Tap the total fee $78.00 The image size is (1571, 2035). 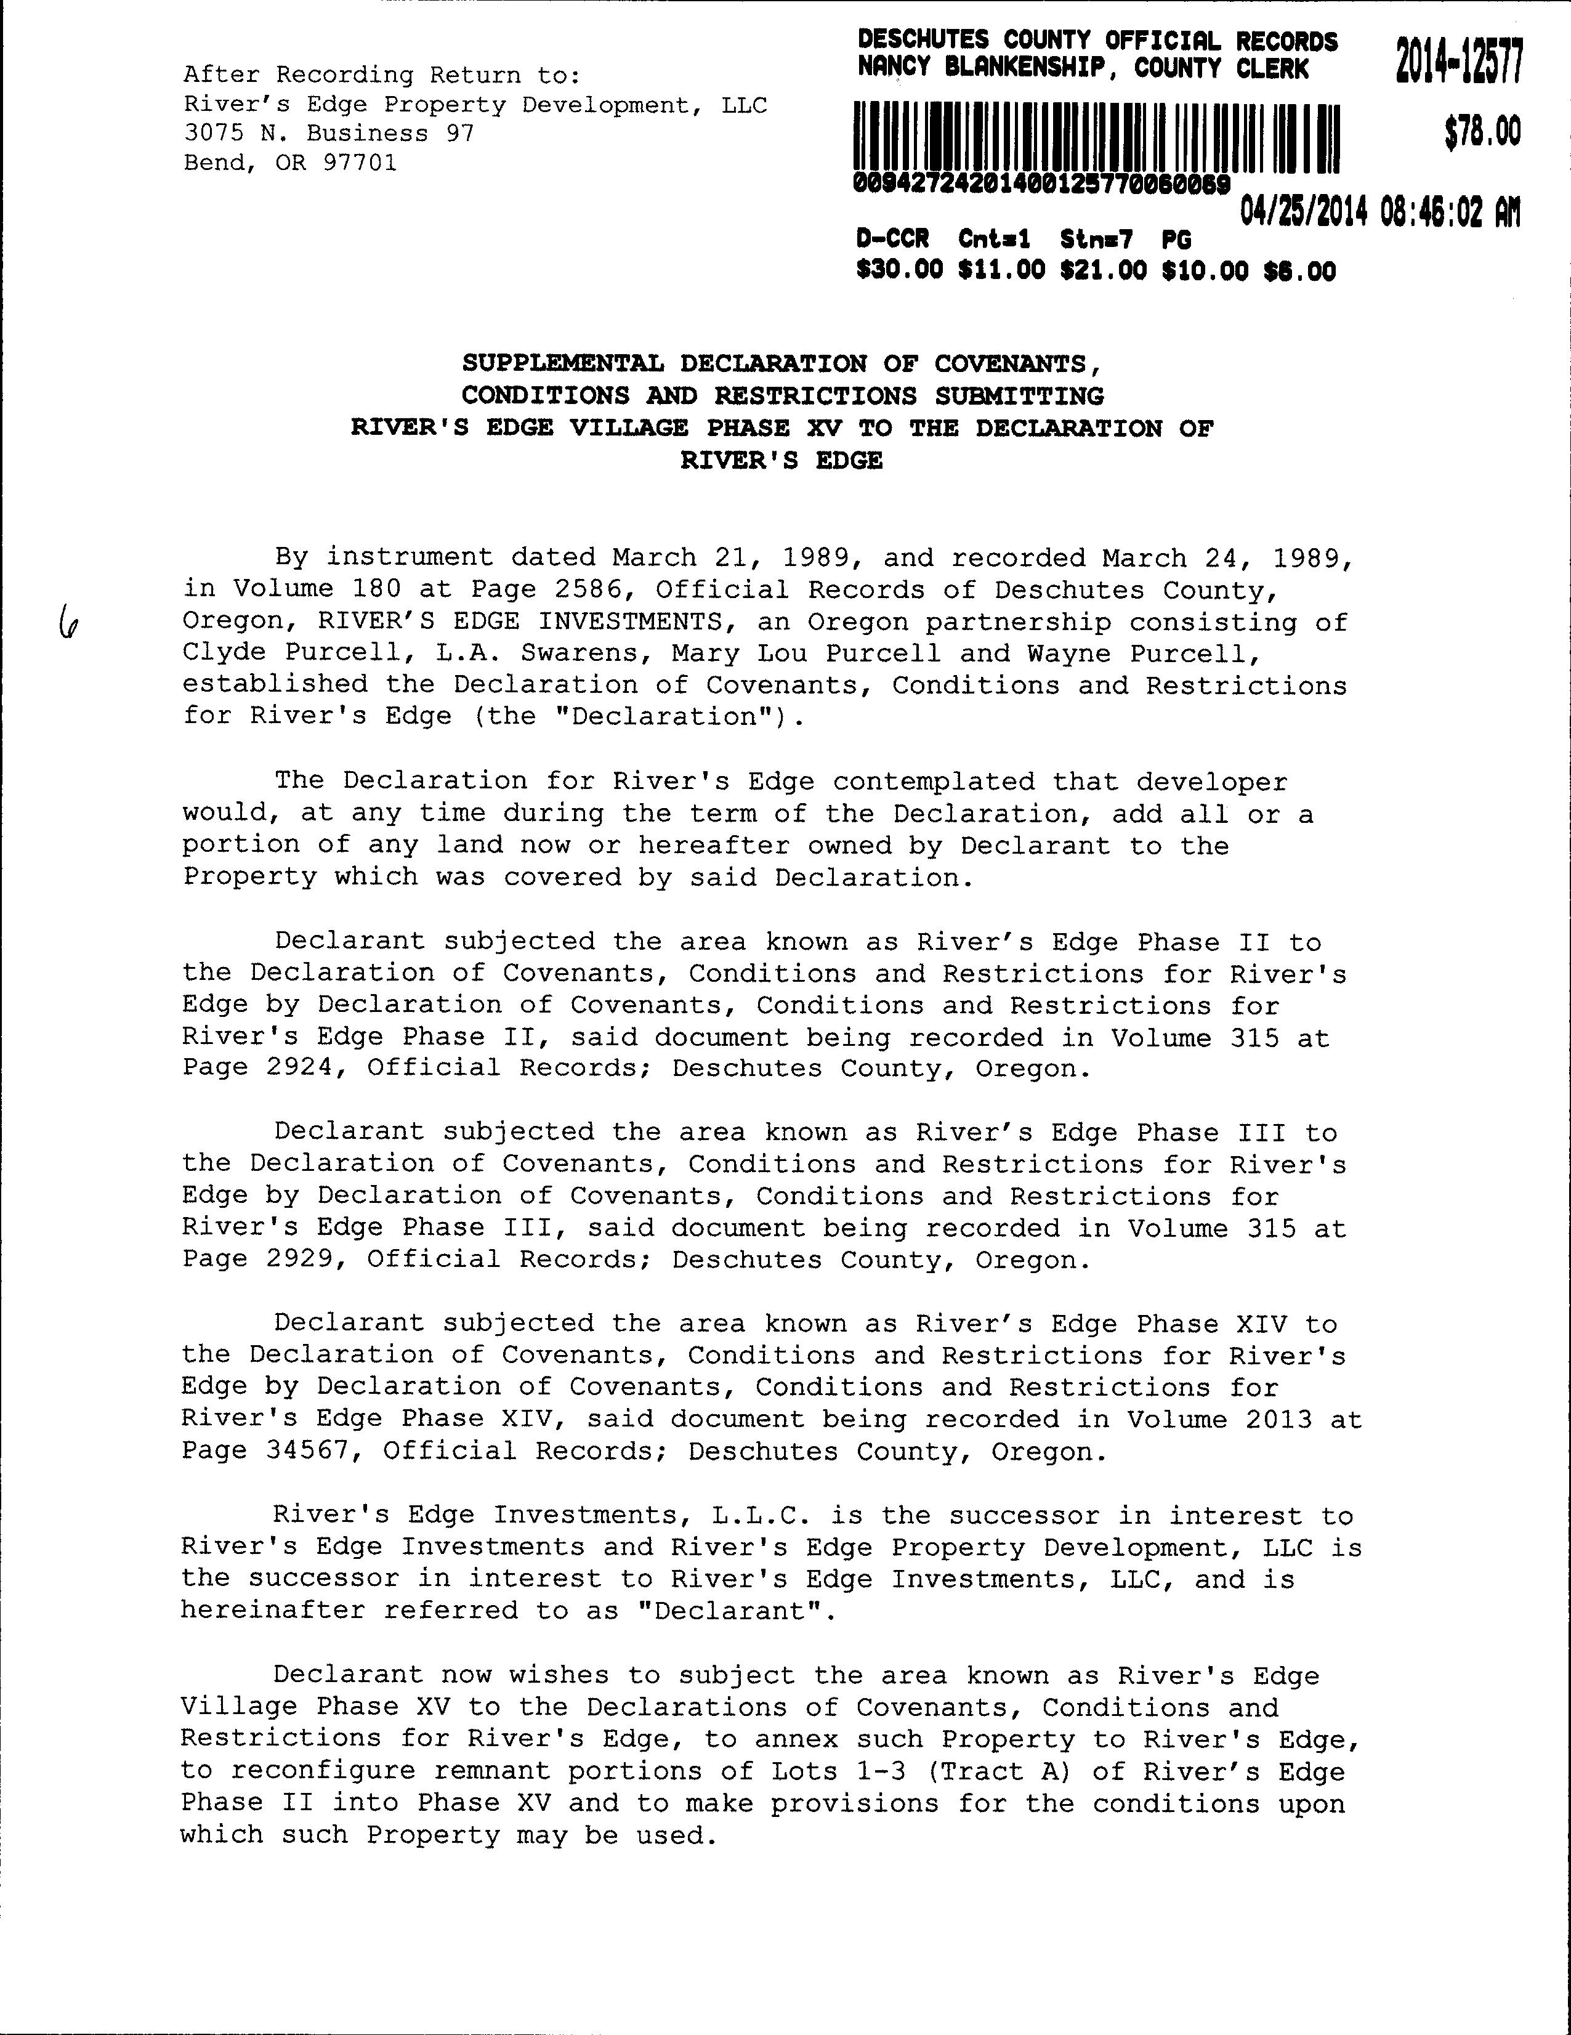pos(1482,131)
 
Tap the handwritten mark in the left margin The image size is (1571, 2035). pos(67,619)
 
